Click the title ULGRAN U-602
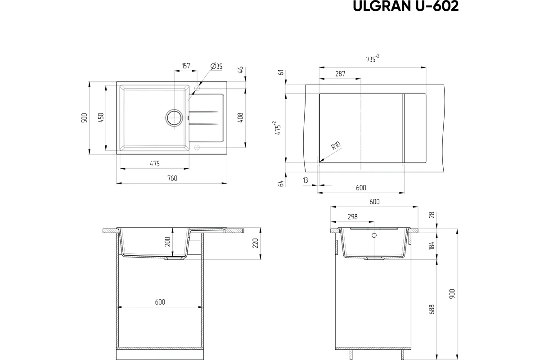pyautogui.click(x=405, y=6)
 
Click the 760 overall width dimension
pyautogui.click(x=172, y=179)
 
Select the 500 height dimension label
pyautogui.click(x=85, y=117)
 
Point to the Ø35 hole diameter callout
pyautogui.click(x=216, y=66)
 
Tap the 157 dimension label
pyautogui.click(x=185, y=66)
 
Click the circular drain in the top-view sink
pyautogui.click(x=174, y=117)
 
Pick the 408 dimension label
pyautogui.click(x=240, y=117)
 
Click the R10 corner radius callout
pyautogui.click(x=336, y=146)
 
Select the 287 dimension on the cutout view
pyautogui.click(x=340, y=74)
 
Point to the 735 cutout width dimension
pyautogui.click(x=373, y=58)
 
